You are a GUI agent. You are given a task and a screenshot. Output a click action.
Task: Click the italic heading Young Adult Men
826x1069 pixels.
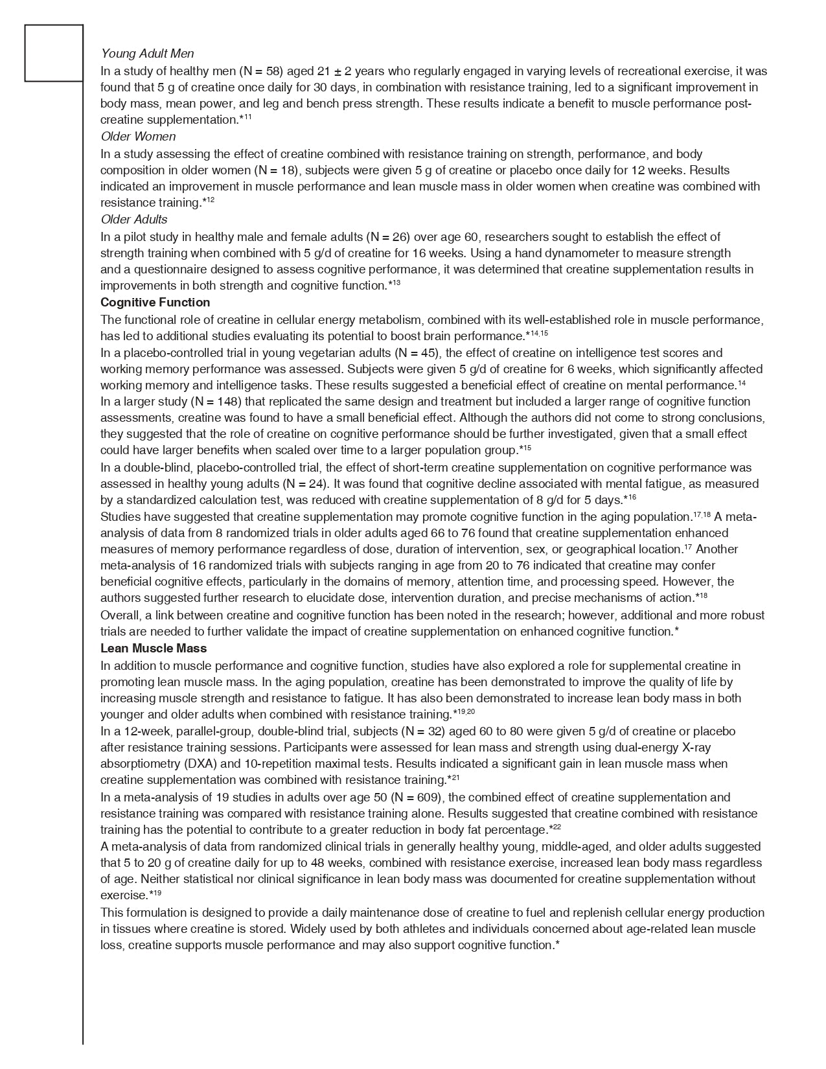pos(147,54)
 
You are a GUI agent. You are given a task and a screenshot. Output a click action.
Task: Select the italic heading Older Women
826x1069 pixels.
pos(138,137)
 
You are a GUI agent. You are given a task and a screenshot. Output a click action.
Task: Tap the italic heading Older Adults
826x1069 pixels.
pos(134,220)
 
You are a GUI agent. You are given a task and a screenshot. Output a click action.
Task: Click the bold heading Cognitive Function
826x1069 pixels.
pos(155,303)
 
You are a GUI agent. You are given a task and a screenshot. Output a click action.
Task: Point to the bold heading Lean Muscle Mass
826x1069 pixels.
pos(154,649)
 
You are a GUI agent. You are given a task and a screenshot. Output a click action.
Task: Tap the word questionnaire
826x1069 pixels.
pos(165,270)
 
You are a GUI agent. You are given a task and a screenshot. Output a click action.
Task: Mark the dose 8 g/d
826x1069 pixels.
pos(579,500)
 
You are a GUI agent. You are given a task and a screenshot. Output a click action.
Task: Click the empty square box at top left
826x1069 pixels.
pos(54,53)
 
